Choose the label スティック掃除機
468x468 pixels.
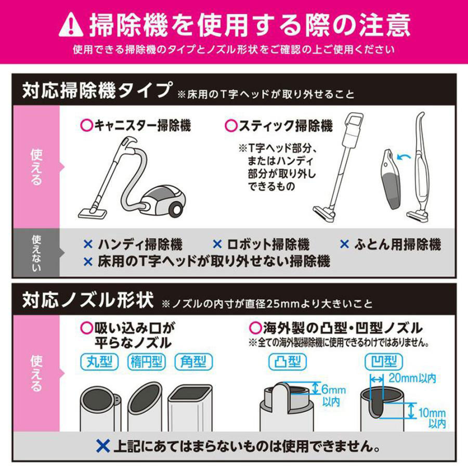click(278, 125)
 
